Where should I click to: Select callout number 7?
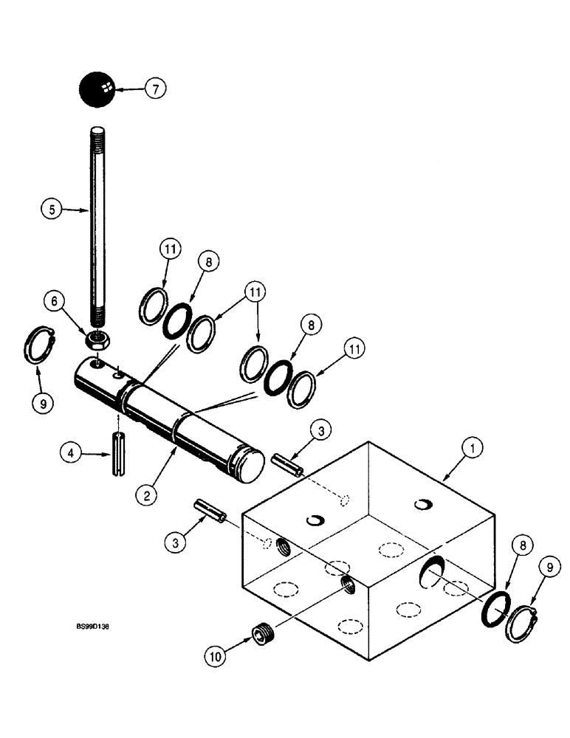pos(156,89)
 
